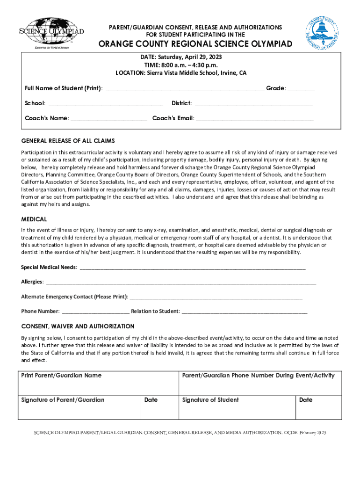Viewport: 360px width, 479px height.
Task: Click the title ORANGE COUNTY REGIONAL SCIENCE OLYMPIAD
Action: point(195,44)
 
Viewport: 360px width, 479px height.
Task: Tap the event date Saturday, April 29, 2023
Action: point(181,56)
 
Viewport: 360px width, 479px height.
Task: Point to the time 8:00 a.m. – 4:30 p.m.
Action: point(181,65)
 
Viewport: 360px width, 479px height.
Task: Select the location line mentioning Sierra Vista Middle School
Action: point(181,73)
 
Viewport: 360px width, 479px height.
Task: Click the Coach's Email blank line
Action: point(254,118)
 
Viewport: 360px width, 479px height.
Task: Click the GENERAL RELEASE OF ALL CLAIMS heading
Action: point(68,141)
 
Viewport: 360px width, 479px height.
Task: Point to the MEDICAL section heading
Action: point(34,219)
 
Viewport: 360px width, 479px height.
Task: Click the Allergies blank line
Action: point(180,282)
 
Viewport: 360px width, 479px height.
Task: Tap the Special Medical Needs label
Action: point(49,267)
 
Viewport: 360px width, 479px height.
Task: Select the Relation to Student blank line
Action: point(244,312)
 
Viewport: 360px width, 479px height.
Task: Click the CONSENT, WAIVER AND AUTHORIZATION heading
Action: point(78,326)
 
